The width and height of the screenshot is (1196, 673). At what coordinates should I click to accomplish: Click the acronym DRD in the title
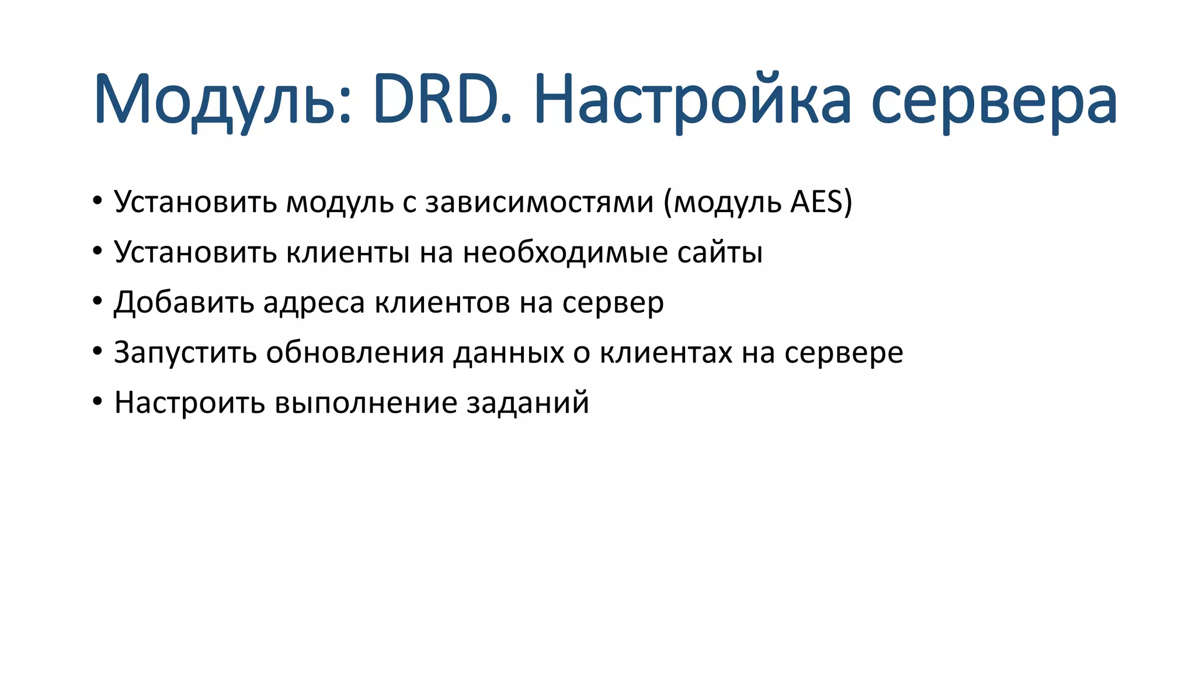443,99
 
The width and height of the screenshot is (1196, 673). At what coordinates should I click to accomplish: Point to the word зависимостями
539,202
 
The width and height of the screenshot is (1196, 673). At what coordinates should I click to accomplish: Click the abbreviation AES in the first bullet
817,202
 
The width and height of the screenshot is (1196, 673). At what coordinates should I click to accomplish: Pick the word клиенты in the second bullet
348,252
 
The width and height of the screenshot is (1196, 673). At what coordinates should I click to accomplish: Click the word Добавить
184,303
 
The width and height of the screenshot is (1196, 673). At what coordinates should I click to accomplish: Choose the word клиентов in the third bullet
442,303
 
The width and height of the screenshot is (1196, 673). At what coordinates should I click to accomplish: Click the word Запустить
185,353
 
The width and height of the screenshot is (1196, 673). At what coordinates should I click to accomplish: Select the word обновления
355,353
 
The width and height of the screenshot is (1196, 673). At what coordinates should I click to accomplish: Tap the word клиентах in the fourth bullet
666,353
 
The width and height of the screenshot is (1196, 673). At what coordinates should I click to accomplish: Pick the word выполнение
366,403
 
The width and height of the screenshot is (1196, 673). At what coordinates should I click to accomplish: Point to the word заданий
527,403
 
